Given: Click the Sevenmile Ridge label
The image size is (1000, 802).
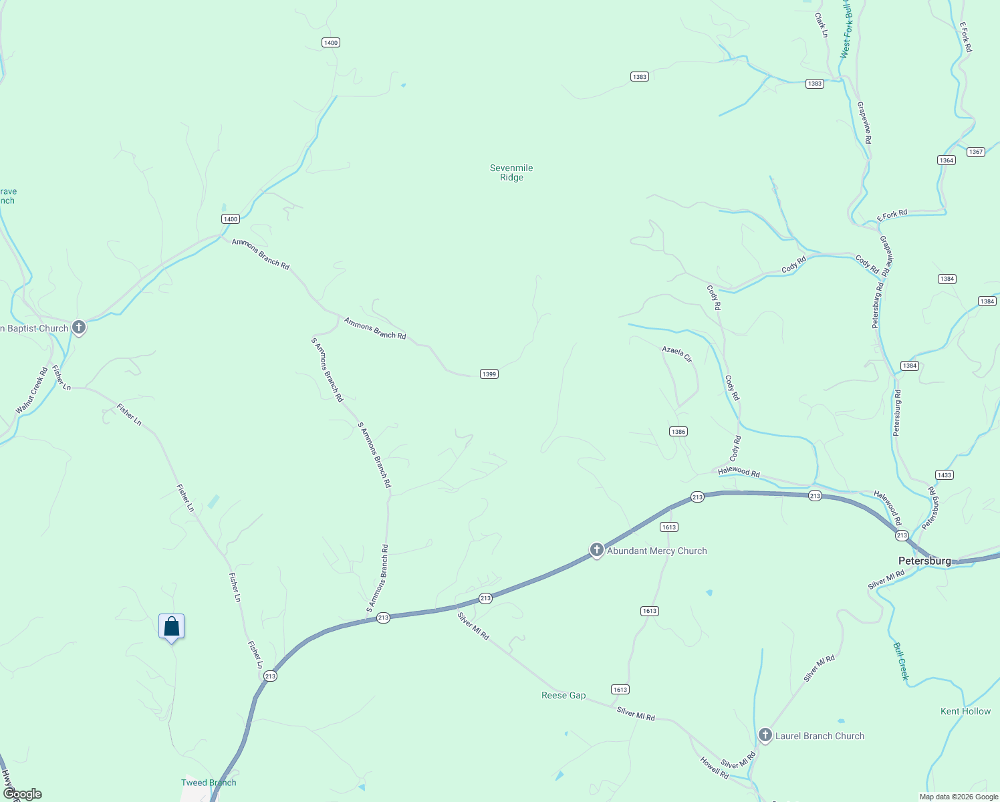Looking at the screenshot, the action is tap(511, 172).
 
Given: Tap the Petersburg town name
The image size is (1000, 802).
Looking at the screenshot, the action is tap(924, 561).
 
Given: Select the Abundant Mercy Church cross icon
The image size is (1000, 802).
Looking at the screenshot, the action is tap(597, 550).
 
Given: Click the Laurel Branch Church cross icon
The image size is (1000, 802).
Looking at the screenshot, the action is tap(765, 735).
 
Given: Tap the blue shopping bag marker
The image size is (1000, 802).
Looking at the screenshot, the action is tap(172, 626).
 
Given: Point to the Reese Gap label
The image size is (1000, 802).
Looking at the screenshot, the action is tap(564, 695).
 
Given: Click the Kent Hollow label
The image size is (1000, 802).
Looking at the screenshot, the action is tap(965, 711).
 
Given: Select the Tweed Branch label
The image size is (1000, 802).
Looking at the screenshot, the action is tap(209, 783).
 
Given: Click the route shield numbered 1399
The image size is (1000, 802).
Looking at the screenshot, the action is tap(489, 374).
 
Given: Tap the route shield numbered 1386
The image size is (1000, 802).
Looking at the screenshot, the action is tap(678, 432).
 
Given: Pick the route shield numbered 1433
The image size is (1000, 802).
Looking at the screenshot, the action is tap(945, 475).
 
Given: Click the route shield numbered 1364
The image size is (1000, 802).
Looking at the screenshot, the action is tap(947, 160).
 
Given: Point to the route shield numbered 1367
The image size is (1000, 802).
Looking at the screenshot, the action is tap(976, 152).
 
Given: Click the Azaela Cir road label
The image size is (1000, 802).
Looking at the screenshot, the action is tap(677, 354).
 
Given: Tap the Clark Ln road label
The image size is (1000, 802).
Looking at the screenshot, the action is tap(821, 25).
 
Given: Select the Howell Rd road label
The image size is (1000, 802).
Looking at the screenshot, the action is tap(714, 767).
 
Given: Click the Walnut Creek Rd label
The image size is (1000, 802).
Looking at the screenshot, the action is tap(32, 390).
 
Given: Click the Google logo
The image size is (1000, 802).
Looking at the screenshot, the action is tap(23, 793).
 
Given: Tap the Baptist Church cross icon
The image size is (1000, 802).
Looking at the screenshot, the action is tap(79, 327).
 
